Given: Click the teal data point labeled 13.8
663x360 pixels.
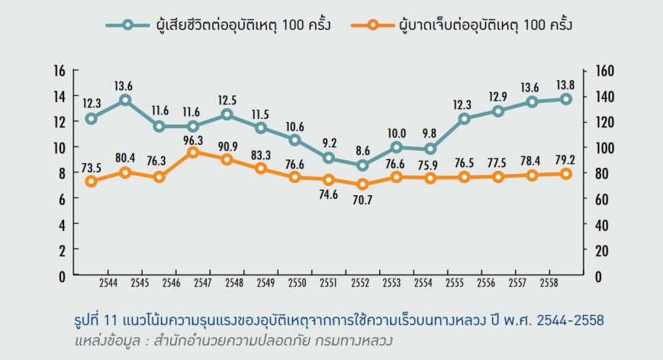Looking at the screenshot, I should click(x=566, y=99).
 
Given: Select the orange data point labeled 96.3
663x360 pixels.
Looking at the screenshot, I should click(x=193, y=153).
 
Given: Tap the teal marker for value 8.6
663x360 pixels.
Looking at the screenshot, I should click(x=362, y=165).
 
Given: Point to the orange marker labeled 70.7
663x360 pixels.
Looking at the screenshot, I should click(x=362, y=185).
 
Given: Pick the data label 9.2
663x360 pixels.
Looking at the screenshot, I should click(x=330, y=143).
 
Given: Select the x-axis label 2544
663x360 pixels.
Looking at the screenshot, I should click(x=108, y=284).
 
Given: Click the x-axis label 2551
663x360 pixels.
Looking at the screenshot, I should click(x=329, y=284).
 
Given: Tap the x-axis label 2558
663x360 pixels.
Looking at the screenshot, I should click(x=549, y=284).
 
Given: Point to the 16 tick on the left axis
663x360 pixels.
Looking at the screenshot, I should click(x=60, y=71).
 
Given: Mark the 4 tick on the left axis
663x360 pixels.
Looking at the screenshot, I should click(x=60, y=225).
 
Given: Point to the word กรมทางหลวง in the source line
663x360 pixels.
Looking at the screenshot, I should click(x=362, y=337).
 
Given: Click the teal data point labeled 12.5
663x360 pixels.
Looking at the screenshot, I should click(x=227, y=115).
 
